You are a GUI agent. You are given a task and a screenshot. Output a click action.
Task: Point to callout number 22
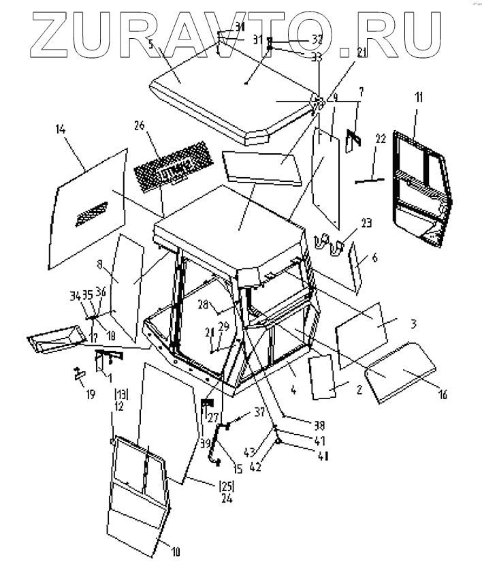tap(381, 138)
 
